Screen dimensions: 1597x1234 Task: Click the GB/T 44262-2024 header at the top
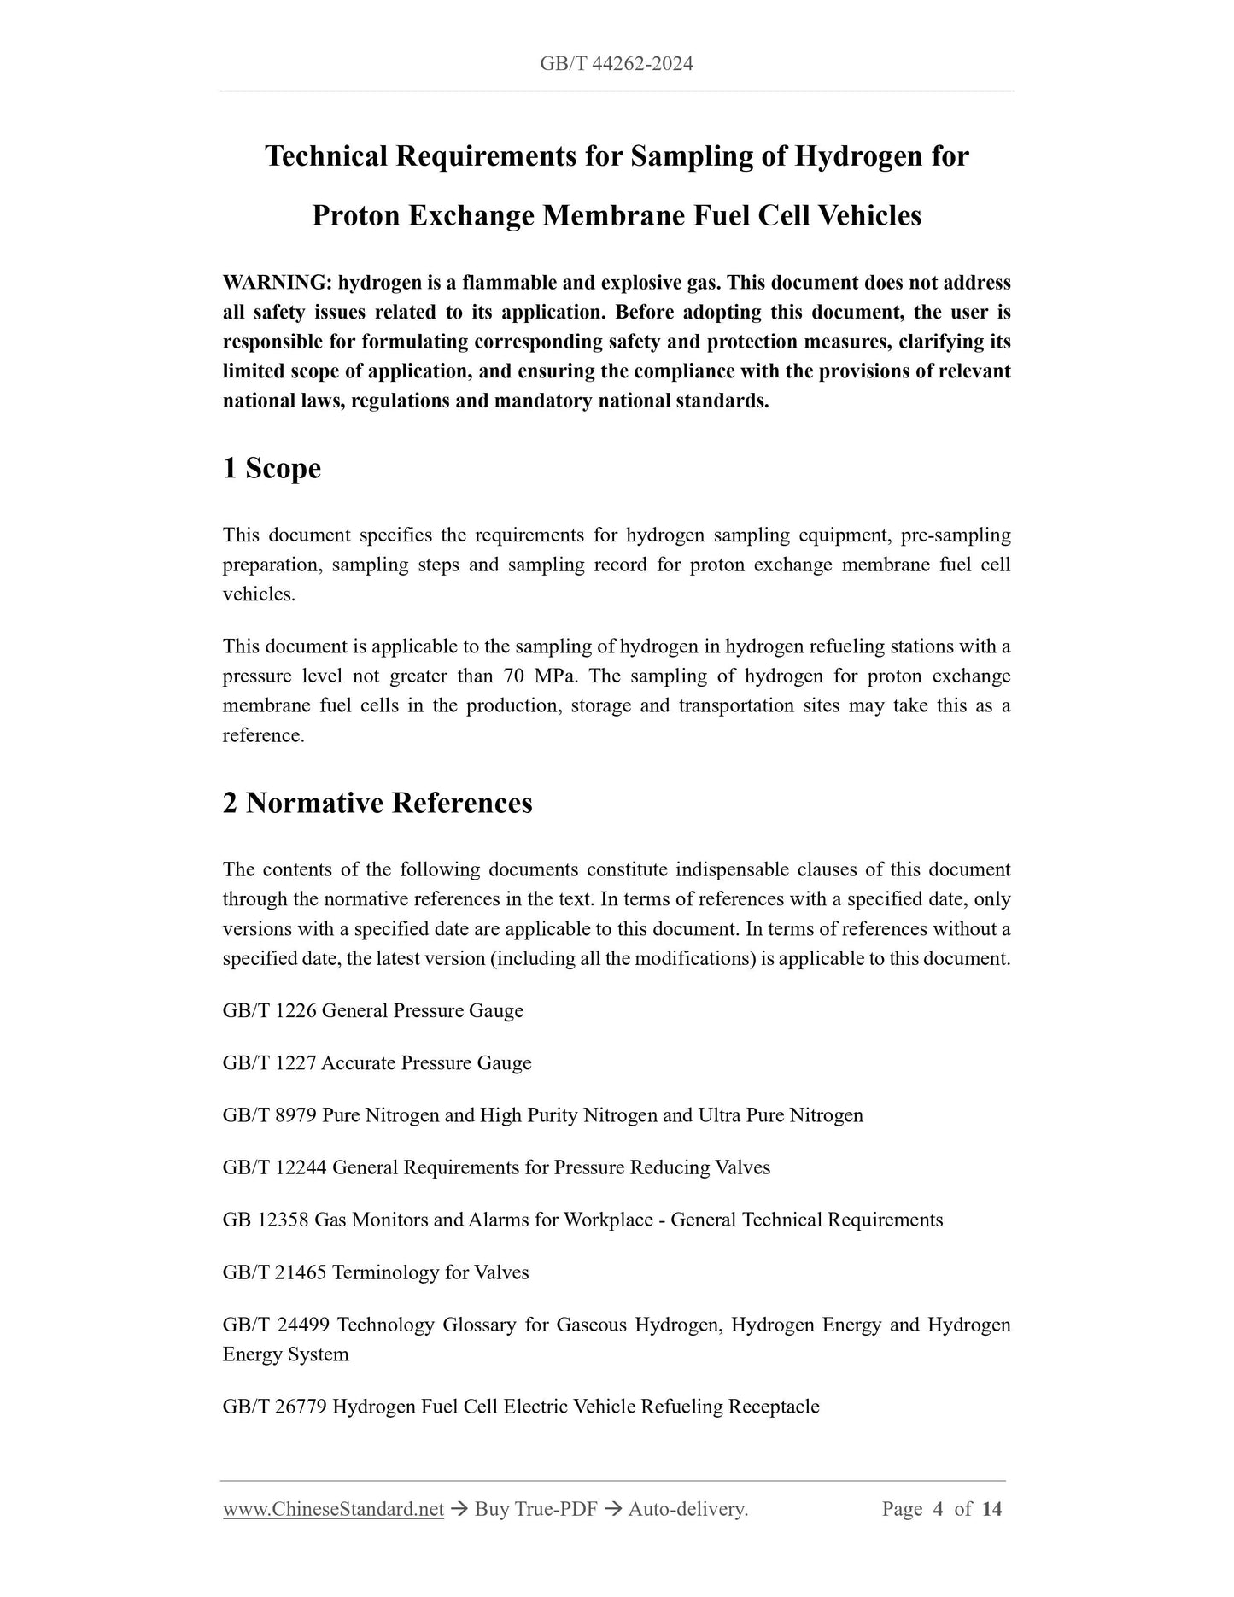click(617, 63)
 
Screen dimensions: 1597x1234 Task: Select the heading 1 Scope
click(272, 468)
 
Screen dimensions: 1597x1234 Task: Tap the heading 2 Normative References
click(377, 803)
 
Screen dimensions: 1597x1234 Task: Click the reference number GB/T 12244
click(274, 1167)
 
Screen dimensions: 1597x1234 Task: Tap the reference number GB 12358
click(265, 1220)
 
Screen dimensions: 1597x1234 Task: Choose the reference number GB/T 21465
click(274, 1272)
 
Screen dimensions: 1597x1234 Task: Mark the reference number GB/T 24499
click(274, 1325)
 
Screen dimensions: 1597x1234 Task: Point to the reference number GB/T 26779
click(274, 1407)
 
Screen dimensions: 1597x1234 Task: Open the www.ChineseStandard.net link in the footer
click(333, 1509)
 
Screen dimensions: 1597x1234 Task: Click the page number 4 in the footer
click(938, 1509)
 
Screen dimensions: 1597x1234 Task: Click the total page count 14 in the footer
click(991, 1509)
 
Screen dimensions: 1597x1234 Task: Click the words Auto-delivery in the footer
click(687, 1509)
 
